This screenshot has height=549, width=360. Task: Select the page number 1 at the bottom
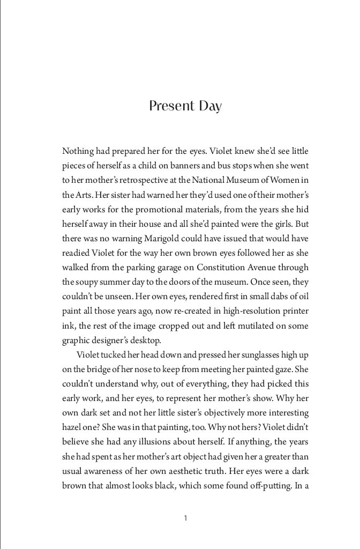pyautogui.click(x=185, y=518)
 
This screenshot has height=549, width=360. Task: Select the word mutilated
pyautogui.click(x=249, y=324)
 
